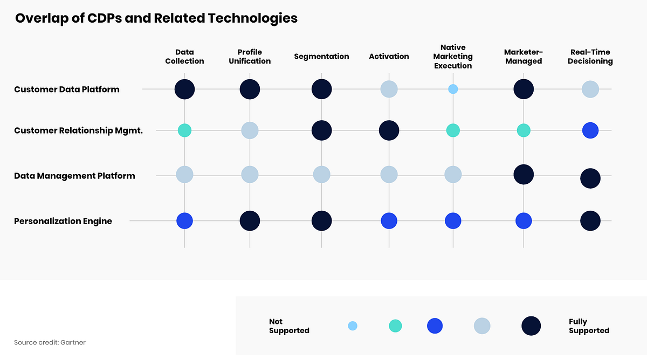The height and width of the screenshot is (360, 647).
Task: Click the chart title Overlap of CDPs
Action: click(x=156, y=18)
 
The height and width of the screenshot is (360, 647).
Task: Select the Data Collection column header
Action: click(x=184, y=57)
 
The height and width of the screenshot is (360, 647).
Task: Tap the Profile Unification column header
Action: click(x=250, y=57)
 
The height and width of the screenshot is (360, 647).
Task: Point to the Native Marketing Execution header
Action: click(x=453, y=57)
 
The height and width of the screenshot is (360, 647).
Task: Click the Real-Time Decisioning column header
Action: click(x=590, y=57)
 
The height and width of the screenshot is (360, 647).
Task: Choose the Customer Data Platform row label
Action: click(x=67, y=89)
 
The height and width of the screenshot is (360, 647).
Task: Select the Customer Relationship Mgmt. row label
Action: click(x=78, y=130)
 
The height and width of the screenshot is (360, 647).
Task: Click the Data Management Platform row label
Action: click(x=74, y=176)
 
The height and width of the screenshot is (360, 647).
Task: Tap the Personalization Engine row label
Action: click(x=63, y=221)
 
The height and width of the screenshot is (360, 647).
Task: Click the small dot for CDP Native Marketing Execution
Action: click(x=453, y=89)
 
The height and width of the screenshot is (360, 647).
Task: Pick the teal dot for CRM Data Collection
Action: click(x=184, y=130)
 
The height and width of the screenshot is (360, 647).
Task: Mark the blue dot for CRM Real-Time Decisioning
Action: click(x=590, y=130)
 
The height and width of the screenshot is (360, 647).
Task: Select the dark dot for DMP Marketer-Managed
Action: click(x=524, y=174)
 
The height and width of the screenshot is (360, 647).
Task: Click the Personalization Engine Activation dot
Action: click(x=389, y=221)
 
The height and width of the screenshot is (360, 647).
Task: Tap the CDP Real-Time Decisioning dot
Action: click(x=590, y=89)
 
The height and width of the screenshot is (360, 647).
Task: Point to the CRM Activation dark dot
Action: click(x=389, y=130)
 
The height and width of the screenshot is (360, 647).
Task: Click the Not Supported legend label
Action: click(x=289, y=326)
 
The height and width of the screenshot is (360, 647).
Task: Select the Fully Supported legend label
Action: click(x=589, y=326)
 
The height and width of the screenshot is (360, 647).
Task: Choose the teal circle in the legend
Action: click(x=395, y=326)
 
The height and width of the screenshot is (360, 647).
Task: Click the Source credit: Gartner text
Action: click(x=50, y=342)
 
